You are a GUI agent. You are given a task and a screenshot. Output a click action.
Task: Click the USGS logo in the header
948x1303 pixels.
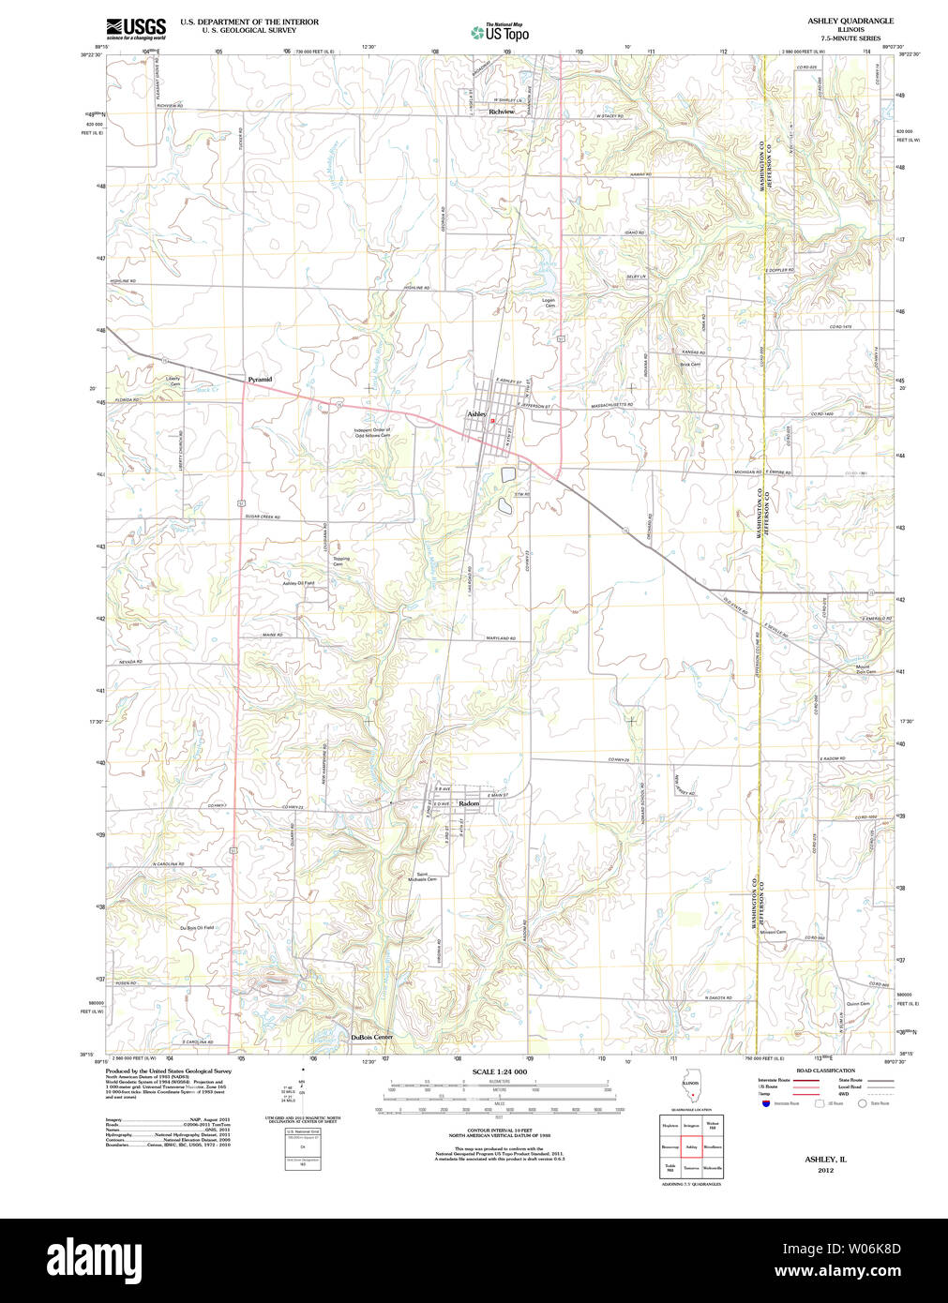pos(136,27)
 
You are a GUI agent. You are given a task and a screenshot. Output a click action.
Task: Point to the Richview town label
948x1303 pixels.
pos(502,112)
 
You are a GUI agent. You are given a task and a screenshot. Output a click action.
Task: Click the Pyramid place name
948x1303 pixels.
pos(260,379)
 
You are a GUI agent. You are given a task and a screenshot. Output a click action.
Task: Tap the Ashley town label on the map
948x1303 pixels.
pos(476,413)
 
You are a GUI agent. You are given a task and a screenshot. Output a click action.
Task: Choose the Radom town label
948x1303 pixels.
pos(469,803)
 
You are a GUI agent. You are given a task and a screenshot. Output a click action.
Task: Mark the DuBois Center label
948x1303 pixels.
pos(371,1037)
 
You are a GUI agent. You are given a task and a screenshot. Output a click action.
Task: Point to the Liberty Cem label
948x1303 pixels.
pos(173,382)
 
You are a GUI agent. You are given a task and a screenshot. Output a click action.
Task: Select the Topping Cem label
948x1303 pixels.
pos(339,562)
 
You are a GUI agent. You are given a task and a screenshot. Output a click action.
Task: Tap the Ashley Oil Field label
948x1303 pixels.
pos(298,583)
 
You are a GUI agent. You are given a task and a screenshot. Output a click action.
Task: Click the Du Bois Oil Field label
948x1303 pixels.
pos(197,927)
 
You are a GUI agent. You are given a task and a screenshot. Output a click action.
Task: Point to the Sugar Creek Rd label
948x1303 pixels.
pos(263,517)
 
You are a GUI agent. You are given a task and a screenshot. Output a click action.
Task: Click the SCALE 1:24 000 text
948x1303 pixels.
pos(499,1071)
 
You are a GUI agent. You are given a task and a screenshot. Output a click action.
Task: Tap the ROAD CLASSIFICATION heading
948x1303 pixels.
pos(825,1071)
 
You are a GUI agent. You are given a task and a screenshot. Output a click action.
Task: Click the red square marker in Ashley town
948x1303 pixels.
pos(492,421)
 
